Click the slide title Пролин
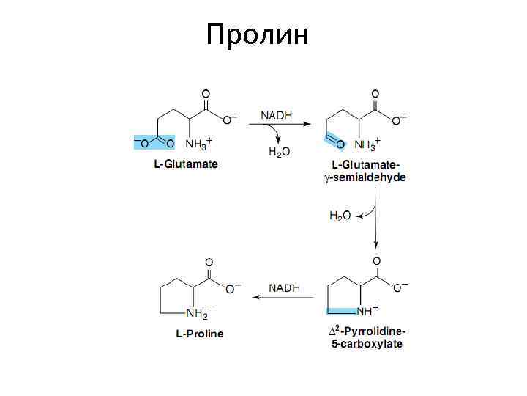(258, 34)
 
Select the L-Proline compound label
(199, 334)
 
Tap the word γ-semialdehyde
(365, 177)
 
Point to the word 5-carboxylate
(365, 344)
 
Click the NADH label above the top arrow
(277, 115)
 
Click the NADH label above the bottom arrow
(284, 287)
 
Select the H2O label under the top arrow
(279, 152)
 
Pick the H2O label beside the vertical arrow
(340, 216)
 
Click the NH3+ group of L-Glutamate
(198, 142)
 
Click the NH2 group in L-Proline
(198, 313)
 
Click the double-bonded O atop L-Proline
(209, 263)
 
